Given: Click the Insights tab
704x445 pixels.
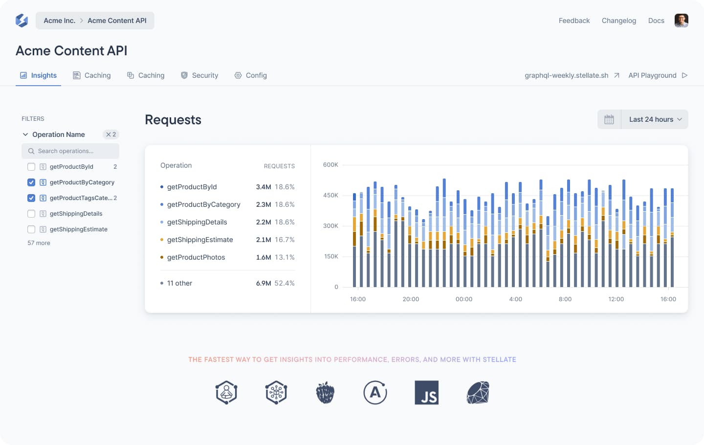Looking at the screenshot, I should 39,75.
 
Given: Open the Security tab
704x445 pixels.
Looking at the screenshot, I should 199,75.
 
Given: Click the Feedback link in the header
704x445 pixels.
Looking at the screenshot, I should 574,21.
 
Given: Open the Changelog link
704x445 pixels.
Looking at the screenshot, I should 618,21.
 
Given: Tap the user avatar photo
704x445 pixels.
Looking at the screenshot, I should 681,21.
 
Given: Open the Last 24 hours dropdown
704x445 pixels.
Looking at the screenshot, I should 655,119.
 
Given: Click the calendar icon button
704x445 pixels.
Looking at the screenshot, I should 609,119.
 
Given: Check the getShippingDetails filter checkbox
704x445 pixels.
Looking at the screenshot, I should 31,214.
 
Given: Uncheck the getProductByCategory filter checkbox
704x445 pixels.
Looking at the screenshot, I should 31,182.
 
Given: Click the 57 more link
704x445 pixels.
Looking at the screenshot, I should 39,243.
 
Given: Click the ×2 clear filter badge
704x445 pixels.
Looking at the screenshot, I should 111,134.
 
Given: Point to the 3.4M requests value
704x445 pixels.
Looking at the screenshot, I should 263,187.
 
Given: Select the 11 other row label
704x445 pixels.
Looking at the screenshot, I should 179,283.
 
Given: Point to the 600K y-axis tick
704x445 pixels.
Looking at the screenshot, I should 330,165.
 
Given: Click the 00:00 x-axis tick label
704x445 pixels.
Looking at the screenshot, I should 463,299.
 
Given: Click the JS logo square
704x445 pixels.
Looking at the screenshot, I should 426,393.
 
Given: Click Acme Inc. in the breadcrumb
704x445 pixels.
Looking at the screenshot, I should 59,21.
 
